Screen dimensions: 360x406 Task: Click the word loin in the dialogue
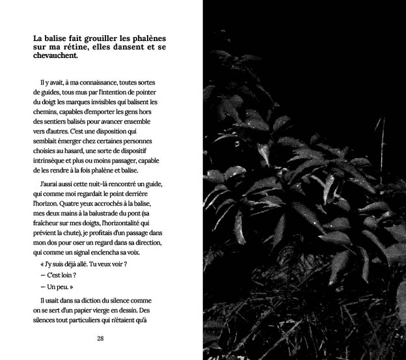point(71,275)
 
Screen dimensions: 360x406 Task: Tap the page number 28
point(100,339)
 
